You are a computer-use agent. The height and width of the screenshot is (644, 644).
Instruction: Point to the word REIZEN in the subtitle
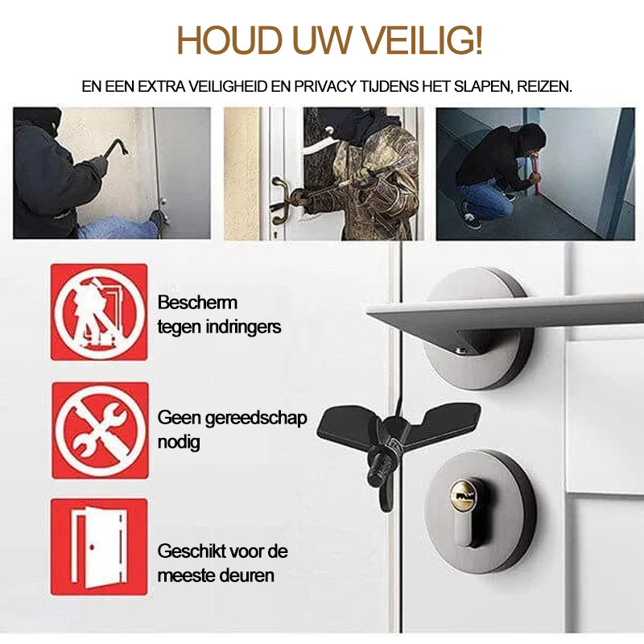click(x=543, y=86)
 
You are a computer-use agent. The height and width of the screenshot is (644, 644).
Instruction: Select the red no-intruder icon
click(x=100, y=312)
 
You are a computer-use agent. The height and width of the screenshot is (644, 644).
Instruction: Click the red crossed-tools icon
click(x=100, y=430)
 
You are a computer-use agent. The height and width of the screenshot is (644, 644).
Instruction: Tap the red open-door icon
click(x=100, y=547)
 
